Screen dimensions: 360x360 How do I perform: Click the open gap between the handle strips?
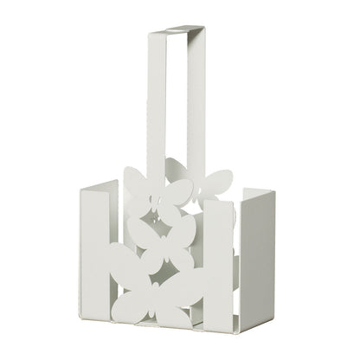coord(180,104)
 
